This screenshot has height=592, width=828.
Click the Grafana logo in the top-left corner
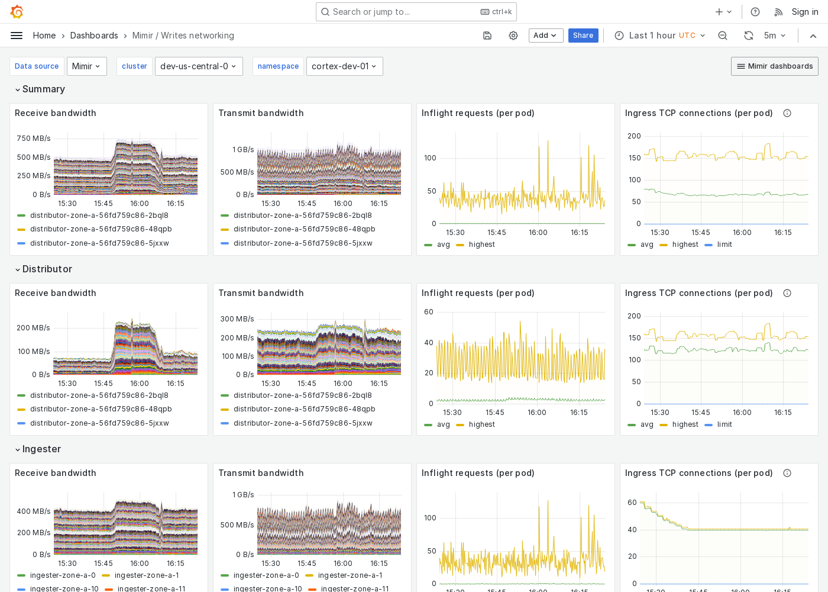17,12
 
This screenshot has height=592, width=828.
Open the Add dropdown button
545,36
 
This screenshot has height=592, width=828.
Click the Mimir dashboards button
774,66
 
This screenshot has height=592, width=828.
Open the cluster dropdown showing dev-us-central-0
198,66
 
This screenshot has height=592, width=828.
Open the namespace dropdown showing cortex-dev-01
344,66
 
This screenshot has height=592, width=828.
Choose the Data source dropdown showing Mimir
86,66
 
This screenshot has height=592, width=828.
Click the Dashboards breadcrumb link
94,36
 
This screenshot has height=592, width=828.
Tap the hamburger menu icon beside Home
17,36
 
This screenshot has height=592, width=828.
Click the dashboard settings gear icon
513,36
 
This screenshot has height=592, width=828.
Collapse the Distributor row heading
47,269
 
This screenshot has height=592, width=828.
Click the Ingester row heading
41,449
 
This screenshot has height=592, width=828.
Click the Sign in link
804,12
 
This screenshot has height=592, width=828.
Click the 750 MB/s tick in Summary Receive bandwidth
34,139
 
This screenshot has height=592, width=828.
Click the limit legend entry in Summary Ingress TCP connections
724,244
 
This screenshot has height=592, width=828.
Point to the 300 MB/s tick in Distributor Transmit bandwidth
237,319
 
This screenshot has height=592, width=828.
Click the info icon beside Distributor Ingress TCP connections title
787,293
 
